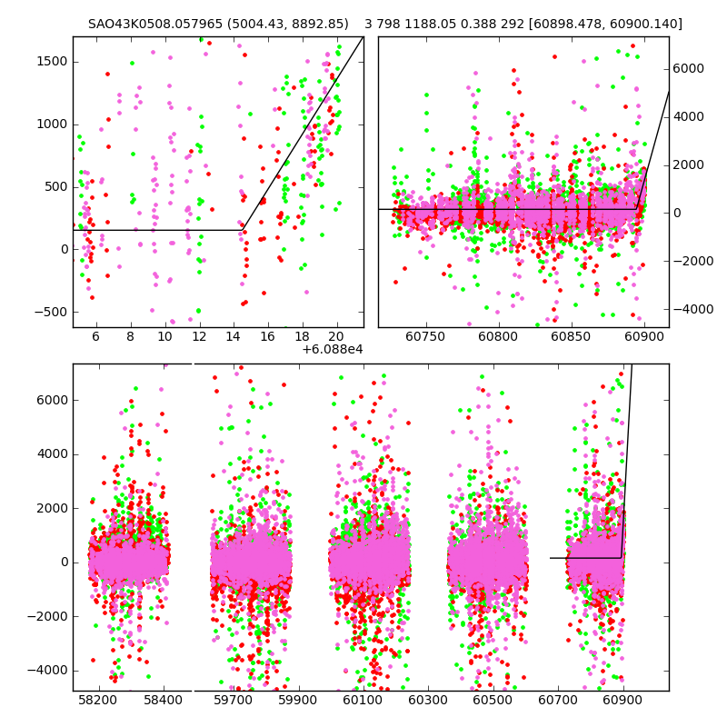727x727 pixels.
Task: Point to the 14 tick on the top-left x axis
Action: click(234, 335)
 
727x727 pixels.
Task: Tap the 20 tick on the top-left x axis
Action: click(336, 335)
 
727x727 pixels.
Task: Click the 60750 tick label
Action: click(424, 335)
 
